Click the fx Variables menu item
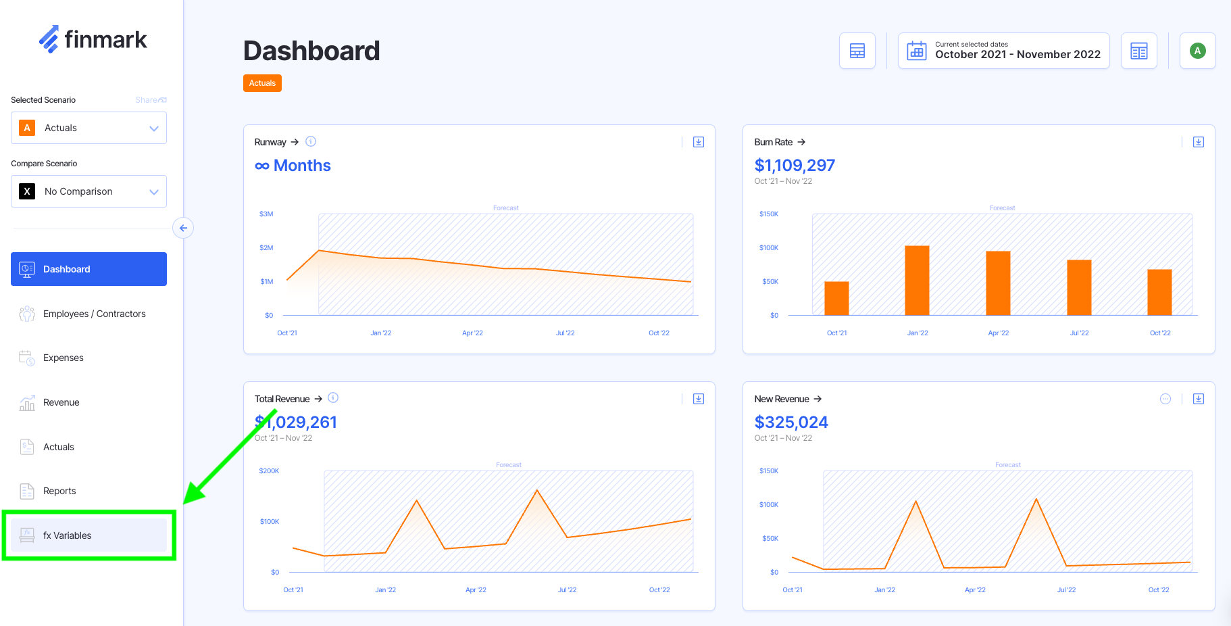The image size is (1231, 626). pyautogui.click(x=68, y=535)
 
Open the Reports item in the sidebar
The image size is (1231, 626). pyautogui.click(x=59, y=491)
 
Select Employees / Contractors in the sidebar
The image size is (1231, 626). pyautogui.click(x=94, y=314)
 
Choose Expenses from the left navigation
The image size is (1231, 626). pyautogui.click(x=64, y=358)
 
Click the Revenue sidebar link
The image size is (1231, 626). pyautogui.click(x=61, y=402)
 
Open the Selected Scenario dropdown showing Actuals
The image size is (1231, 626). pyautogui.click(x=89, y=128)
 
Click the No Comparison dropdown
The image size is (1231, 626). pyautogui.click(x=89, y=191)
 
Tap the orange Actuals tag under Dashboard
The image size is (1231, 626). pyautogui.click(x=262, y=83)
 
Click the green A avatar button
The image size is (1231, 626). pyautogui.click(x=1197, y=51)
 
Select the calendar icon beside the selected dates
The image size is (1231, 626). pyautogui.click(x=917, y=51)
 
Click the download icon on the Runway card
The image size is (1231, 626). pyautogui.click(x=699, y=142)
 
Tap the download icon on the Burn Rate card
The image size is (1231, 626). pyautogui.click(x=1198, y=142)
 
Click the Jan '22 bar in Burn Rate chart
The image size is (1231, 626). pyautogui.click(x=917, y=280)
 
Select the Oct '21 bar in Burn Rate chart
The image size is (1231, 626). pyautogui.click(x=836, y=298)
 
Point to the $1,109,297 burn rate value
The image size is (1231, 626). pyautogui.click(x=795, y=166)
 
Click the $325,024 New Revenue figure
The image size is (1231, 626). pyautogui.click(x=791, y=423)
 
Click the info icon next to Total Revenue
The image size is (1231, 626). pyautogui.click(x=333, y=398)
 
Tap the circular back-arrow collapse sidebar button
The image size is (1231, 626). pyautogui.click(x=183, y=228)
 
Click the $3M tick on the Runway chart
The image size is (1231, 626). pyautogui.click(x=266, y=214)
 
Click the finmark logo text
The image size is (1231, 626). pyautogui.click(x=105, y=40)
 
